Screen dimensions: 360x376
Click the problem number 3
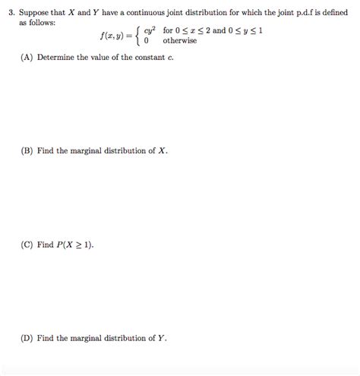click(10, 13)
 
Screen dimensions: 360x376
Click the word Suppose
click(35, 13)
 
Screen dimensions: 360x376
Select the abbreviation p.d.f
click(298, 13)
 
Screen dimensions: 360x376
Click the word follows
click(42, 23)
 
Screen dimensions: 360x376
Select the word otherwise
click(179, 41)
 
